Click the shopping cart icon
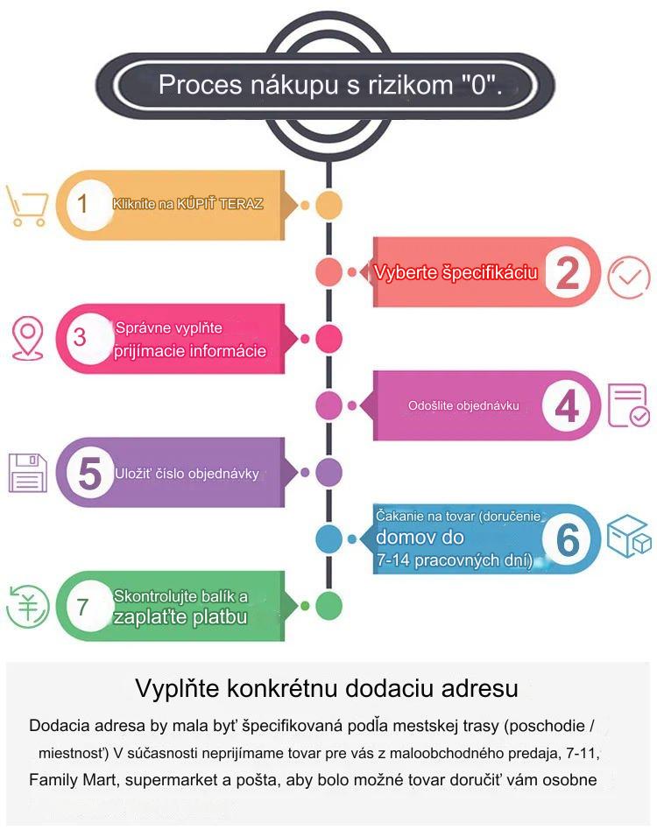click(26, 206)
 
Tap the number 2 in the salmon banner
click(568, 272)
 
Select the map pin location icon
click(27, 339)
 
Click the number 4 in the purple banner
click(567, 406)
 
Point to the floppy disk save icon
click(28, 473)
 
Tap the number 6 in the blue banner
click(568, 540)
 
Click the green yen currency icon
click(27, 607)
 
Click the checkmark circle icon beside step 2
click(628, 277)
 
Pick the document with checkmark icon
click(628, 405)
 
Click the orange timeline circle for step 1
click(328, 205)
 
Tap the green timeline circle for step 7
click(328, 606)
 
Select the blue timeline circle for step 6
click(328, 539)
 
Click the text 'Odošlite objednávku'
click(463, 406)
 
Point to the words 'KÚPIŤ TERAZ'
click(220, 204)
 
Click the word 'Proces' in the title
click(200, 85)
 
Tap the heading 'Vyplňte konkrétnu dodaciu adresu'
click(327, 689)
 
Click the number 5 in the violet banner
click(89, 473)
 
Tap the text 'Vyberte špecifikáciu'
click(456, 272)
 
